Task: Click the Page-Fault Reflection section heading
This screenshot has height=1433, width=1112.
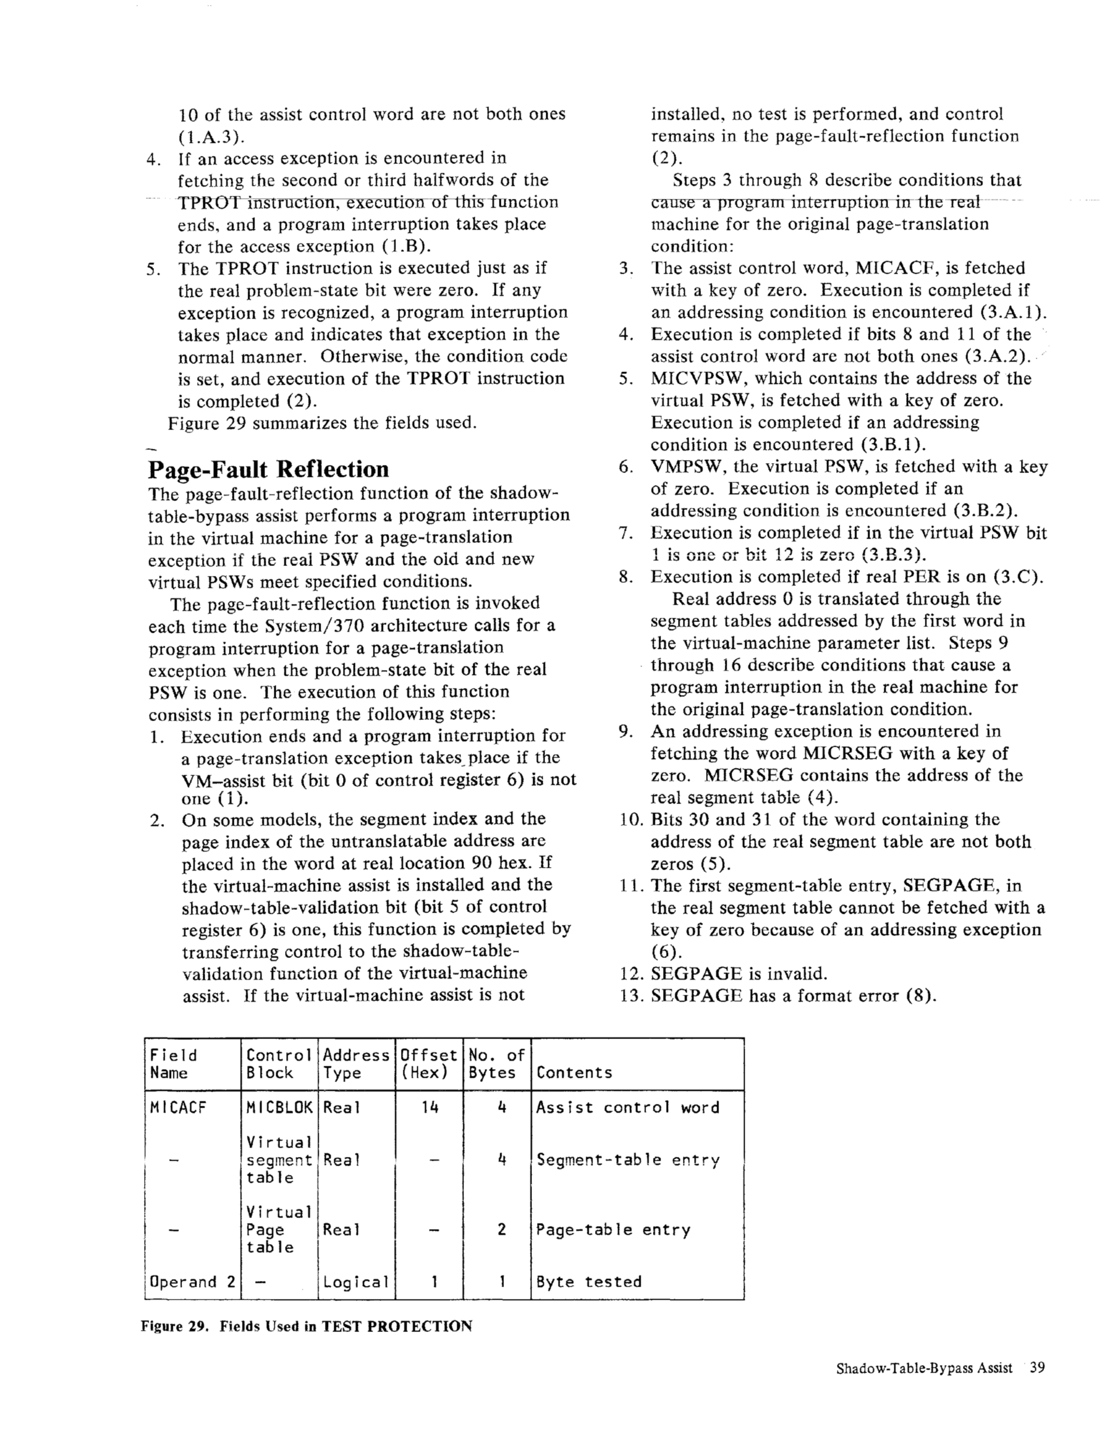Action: click(x=268, y=469)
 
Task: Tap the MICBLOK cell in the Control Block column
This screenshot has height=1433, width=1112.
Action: click(x=279, y=1108)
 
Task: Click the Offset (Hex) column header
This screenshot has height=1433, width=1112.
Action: click(x=428, y=1064)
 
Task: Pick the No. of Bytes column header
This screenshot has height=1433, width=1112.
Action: click(x=496, y=1064)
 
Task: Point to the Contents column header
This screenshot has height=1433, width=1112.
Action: click(x=574, y=1073)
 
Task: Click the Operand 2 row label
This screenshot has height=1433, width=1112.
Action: click(x=192, y=1282)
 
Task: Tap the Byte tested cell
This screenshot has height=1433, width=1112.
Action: click(x=589, y=1282)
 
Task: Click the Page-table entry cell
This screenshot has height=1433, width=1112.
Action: click(x=613, y=1230)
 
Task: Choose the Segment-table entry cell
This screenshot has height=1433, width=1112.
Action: click(x=627, y=1160)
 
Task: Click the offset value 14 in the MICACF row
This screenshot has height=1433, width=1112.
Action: click(x=429, y=1108)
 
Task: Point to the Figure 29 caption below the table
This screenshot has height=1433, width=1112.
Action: click(x=307, y=1326)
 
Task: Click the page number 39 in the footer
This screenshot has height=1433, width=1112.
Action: click(x=1037, y=1368)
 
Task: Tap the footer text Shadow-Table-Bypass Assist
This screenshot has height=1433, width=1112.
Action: click(x=924, y=1369)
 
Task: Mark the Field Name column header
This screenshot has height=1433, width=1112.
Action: click(x=173, y=1064)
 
